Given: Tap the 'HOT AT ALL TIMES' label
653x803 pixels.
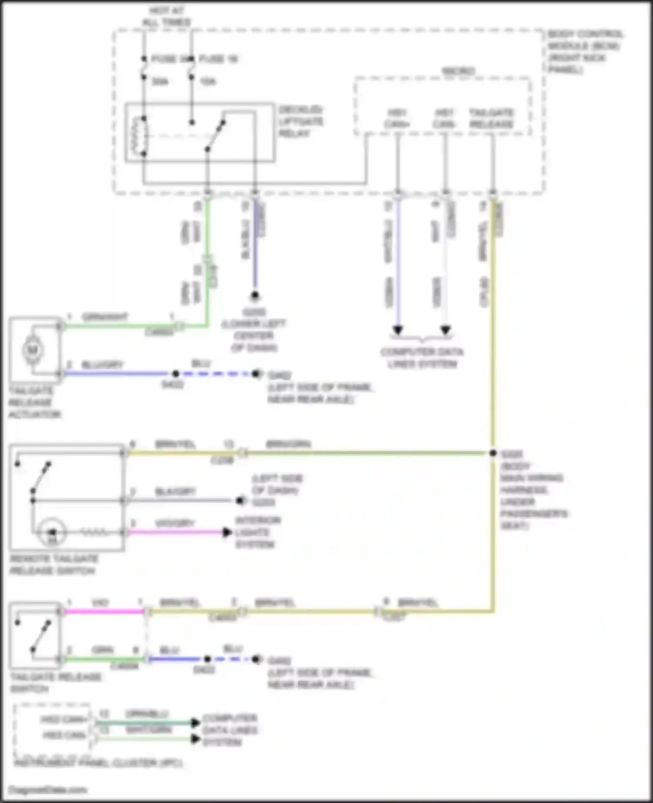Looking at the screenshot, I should click(167, 16).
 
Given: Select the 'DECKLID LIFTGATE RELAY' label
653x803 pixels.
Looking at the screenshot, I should click(300, 121).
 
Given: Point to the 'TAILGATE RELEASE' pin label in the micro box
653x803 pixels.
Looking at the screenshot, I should click(491, 118).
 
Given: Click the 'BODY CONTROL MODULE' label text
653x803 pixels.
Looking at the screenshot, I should click(584, 51).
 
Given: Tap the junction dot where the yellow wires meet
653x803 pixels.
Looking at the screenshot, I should click(493, 453).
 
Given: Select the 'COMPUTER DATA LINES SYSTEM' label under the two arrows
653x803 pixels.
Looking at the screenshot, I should click(421, 358).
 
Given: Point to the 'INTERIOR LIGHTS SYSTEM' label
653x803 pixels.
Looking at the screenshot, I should click(258, 532).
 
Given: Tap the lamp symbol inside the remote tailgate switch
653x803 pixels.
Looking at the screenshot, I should click(52, 532).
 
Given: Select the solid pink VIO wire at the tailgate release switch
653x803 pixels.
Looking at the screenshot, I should click(104, 612).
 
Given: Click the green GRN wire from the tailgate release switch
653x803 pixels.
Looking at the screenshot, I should click(104, 659).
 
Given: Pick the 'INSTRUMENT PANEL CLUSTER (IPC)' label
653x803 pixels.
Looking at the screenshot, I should click(98, 763).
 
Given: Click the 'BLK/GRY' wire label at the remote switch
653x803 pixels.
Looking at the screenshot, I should click(175, 492).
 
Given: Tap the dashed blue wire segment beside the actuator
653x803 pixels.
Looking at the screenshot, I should click(215, 374).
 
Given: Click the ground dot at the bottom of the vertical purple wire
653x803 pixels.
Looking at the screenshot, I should click(255, 296).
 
